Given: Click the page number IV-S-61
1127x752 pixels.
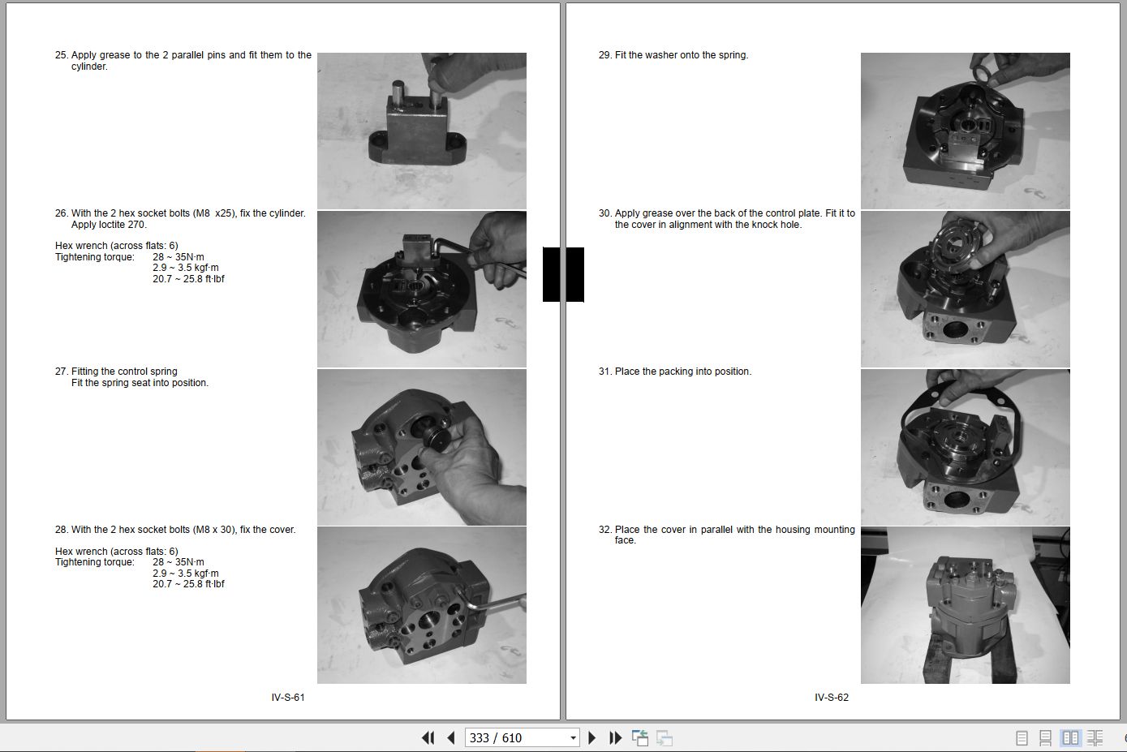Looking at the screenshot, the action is click(288, 697).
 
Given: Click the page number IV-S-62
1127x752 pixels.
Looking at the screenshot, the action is click(831, 697).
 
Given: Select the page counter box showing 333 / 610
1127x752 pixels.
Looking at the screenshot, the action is click(522, 737).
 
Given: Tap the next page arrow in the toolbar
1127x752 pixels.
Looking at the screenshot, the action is click(591, 738).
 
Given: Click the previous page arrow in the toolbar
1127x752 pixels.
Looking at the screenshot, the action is click(451, 738).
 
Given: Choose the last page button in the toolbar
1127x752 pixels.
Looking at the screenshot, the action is click(615, 738).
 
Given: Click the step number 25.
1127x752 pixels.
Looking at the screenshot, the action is click(61, 55).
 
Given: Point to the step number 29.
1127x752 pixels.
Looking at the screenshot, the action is click(604, 55).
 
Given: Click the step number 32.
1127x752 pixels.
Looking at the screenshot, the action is click(604, 529).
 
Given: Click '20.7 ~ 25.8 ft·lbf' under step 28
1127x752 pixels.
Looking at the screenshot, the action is click(189, 584).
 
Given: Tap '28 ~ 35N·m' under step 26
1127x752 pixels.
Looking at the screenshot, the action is click(179, 256).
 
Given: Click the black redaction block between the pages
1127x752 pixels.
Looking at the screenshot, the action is click(563, 274).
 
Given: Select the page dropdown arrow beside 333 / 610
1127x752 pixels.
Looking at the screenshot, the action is click(573, 738).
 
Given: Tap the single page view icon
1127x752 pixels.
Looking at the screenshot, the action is click(1022, 738).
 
